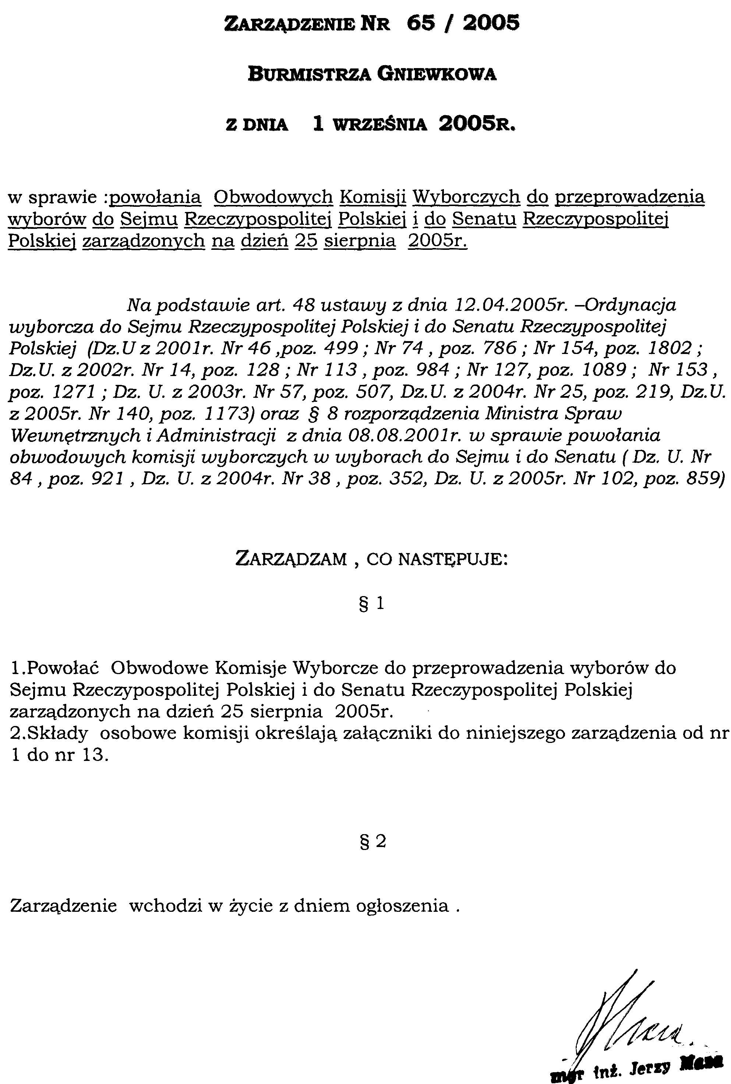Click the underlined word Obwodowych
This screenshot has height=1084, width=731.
click(273, 197)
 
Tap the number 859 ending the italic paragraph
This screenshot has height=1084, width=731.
click(705, 479)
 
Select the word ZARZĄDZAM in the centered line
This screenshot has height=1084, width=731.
click(292, 558)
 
